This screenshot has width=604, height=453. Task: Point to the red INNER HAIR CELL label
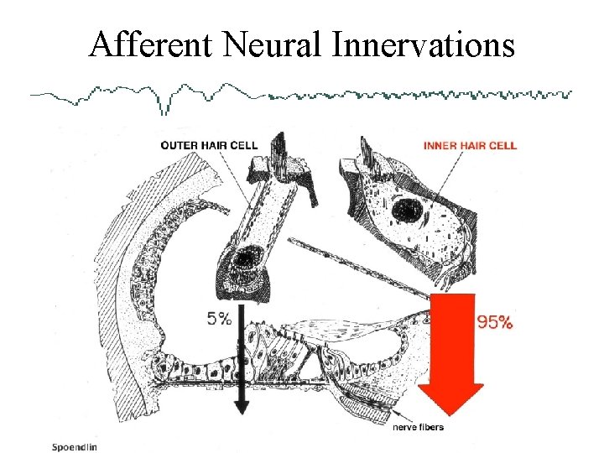click(470, 145)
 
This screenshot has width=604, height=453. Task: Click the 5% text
click(219, 319)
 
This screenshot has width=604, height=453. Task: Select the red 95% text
click(494, 321)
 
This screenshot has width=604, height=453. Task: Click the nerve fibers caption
click(419, 428)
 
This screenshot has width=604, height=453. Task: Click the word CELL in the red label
click(503, 145)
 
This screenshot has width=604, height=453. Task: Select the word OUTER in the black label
click(178, 145)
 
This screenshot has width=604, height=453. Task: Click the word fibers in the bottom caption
click(431, 428)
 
